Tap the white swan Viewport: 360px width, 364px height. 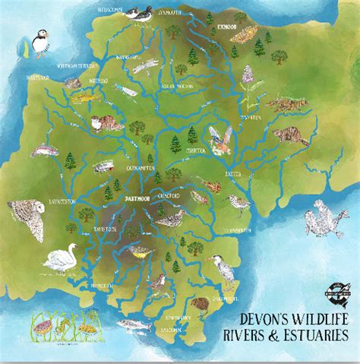58,258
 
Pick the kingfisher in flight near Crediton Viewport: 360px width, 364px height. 219,141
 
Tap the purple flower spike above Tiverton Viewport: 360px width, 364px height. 248,75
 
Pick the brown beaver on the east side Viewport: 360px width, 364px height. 290,135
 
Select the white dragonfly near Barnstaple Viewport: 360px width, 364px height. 142,68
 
